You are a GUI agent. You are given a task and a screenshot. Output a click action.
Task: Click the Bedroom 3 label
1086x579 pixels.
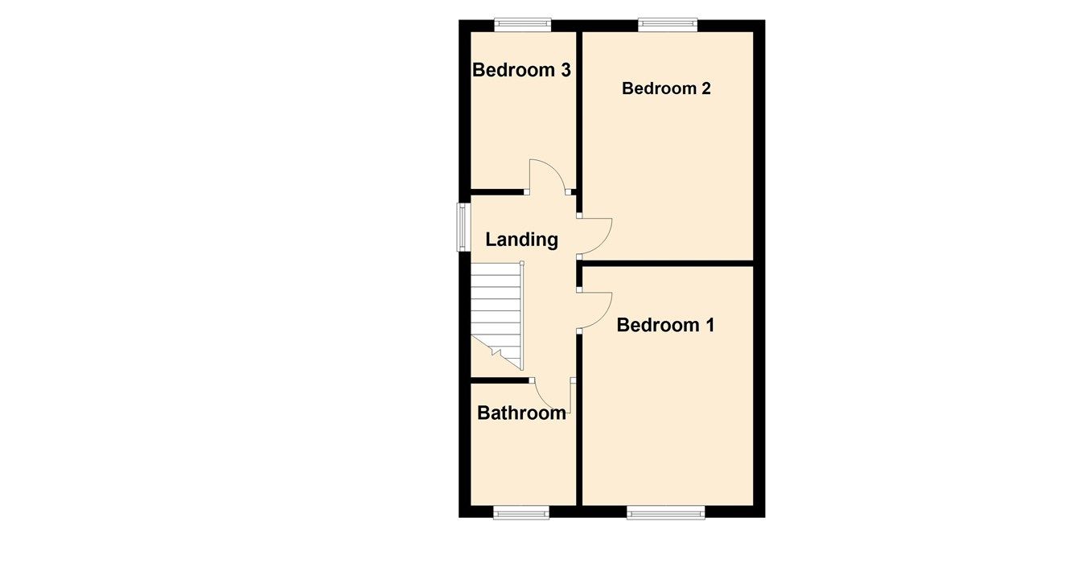pyautogui.click(x=521, y=70)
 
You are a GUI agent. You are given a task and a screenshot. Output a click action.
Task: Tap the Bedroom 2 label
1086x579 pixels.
pyautogui.click(x=666, y=88)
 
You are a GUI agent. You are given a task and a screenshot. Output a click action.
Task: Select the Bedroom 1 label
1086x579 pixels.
pyautogui.click(x=665, y=325)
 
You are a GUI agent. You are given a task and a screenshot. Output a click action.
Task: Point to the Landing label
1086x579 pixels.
pyautogui.click(x=521, y=239)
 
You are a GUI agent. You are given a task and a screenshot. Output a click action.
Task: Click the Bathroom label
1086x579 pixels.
pyautogui.click(x=521, y=413)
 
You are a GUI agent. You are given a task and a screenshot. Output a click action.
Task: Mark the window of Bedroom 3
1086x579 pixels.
pyautogui.click(x=523, y=25)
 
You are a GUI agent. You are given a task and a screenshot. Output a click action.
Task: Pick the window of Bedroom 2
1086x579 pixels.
pyautogui.click(x=668, y=25)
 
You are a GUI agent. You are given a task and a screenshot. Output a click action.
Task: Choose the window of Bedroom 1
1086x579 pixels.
pyautogui.click(x=666, y=512)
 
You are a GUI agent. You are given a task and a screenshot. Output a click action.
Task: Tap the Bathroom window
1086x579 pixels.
pyautogui.click(x=521, y=512)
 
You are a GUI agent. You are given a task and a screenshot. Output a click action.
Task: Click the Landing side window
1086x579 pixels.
pyautogui.click(x=463, y=227)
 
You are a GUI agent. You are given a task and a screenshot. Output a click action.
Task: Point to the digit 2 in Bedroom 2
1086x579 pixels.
pyautogui.click(x=705, y=88)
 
